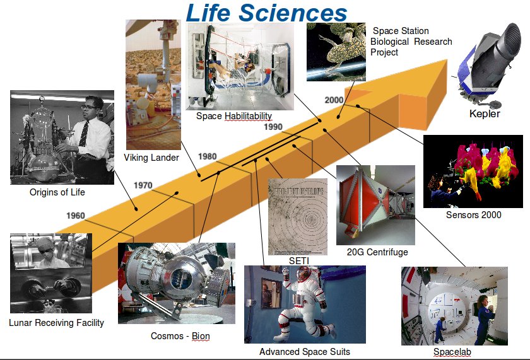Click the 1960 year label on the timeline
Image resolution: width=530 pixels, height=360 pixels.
point(75,216)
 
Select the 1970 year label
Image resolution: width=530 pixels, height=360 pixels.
point(143,185)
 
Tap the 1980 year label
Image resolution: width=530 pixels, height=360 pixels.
point(207,156)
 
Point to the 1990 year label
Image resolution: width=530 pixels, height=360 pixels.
point(273,127)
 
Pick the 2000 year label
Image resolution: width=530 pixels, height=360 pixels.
point(334,100)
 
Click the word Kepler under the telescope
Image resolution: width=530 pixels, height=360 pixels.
point(485,114)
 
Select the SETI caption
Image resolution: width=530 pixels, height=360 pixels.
point(299,261)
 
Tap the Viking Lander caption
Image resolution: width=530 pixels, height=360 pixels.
point(151,158)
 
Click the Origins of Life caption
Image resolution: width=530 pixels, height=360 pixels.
point(57,192)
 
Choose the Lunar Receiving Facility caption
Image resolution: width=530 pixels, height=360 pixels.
point(56,323)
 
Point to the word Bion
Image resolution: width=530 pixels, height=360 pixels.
point(201,336)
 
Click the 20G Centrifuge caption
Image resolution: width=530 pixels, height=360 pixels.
point(377,252)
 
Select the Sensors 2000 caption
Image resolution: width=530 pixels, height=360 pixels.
point(473,215)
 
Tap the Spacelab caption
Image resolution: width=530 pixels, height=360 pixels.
point(452,352)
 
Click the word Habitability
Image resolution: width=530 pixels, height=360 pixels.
point(248,116)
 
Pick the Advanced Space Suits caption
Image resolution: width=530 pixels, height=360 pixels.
point(305,352)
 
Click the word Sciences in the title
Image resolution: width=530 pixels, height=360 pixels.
point(293,13)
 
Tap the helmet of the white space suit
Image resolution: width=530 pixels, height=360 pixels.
point(303,274)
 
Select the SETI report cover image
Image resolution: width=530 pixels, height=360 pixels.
point(298,217)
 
